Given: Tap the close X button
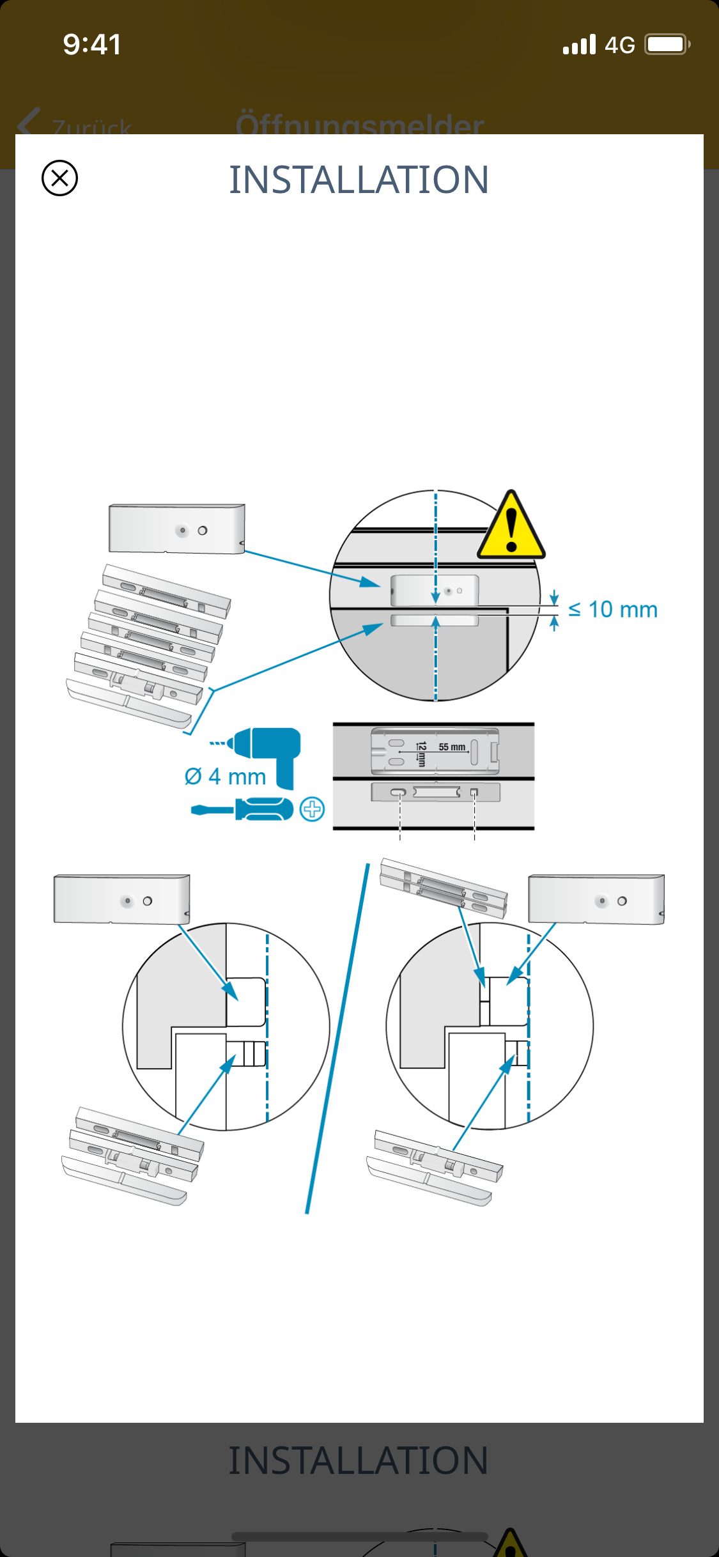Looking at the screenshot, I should [x=59, y=178].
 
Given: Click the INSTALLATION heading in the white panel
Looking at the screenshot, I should [x=359, y=180].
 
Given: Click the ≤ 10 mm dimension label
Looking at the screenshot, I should [x=612, y=610].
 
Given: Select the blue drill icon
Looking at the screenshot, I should [x=265, y=754].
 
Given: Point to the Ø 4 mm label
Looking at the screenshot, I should [x=225, y=777].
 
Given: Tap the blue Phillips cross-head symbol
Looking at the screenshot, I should [x=313, y=809].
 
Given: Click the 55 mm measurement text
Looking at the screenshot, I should [x=452, y=747].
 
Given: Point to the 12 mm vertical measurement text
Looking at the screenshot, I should [x=421, y=754].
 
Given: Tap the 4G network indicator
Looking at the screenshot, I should [x=619, y=45].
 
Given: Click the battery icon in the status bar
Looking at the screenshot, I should [x=667, y=45].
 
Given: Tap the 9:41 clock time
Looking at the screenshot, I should [x=92, y=45].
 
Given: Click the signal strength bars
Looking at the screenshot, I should [x=579, y=45].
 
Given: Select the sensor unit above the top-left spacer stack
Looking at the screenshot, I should [x=176, y=529].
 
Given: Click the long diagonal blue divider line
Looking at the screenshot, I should [x=337, y=1039].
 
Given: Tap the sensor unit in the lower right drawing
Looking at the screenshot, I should [x=596, y=899].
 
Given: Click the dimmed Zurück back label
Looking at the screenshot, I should [x=92, y=127].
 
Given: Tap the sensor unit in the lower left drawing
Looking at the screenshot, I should [x=121, y=899].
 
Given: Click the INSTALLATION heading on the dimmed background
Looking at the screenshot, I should [x=359, y=1460].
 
